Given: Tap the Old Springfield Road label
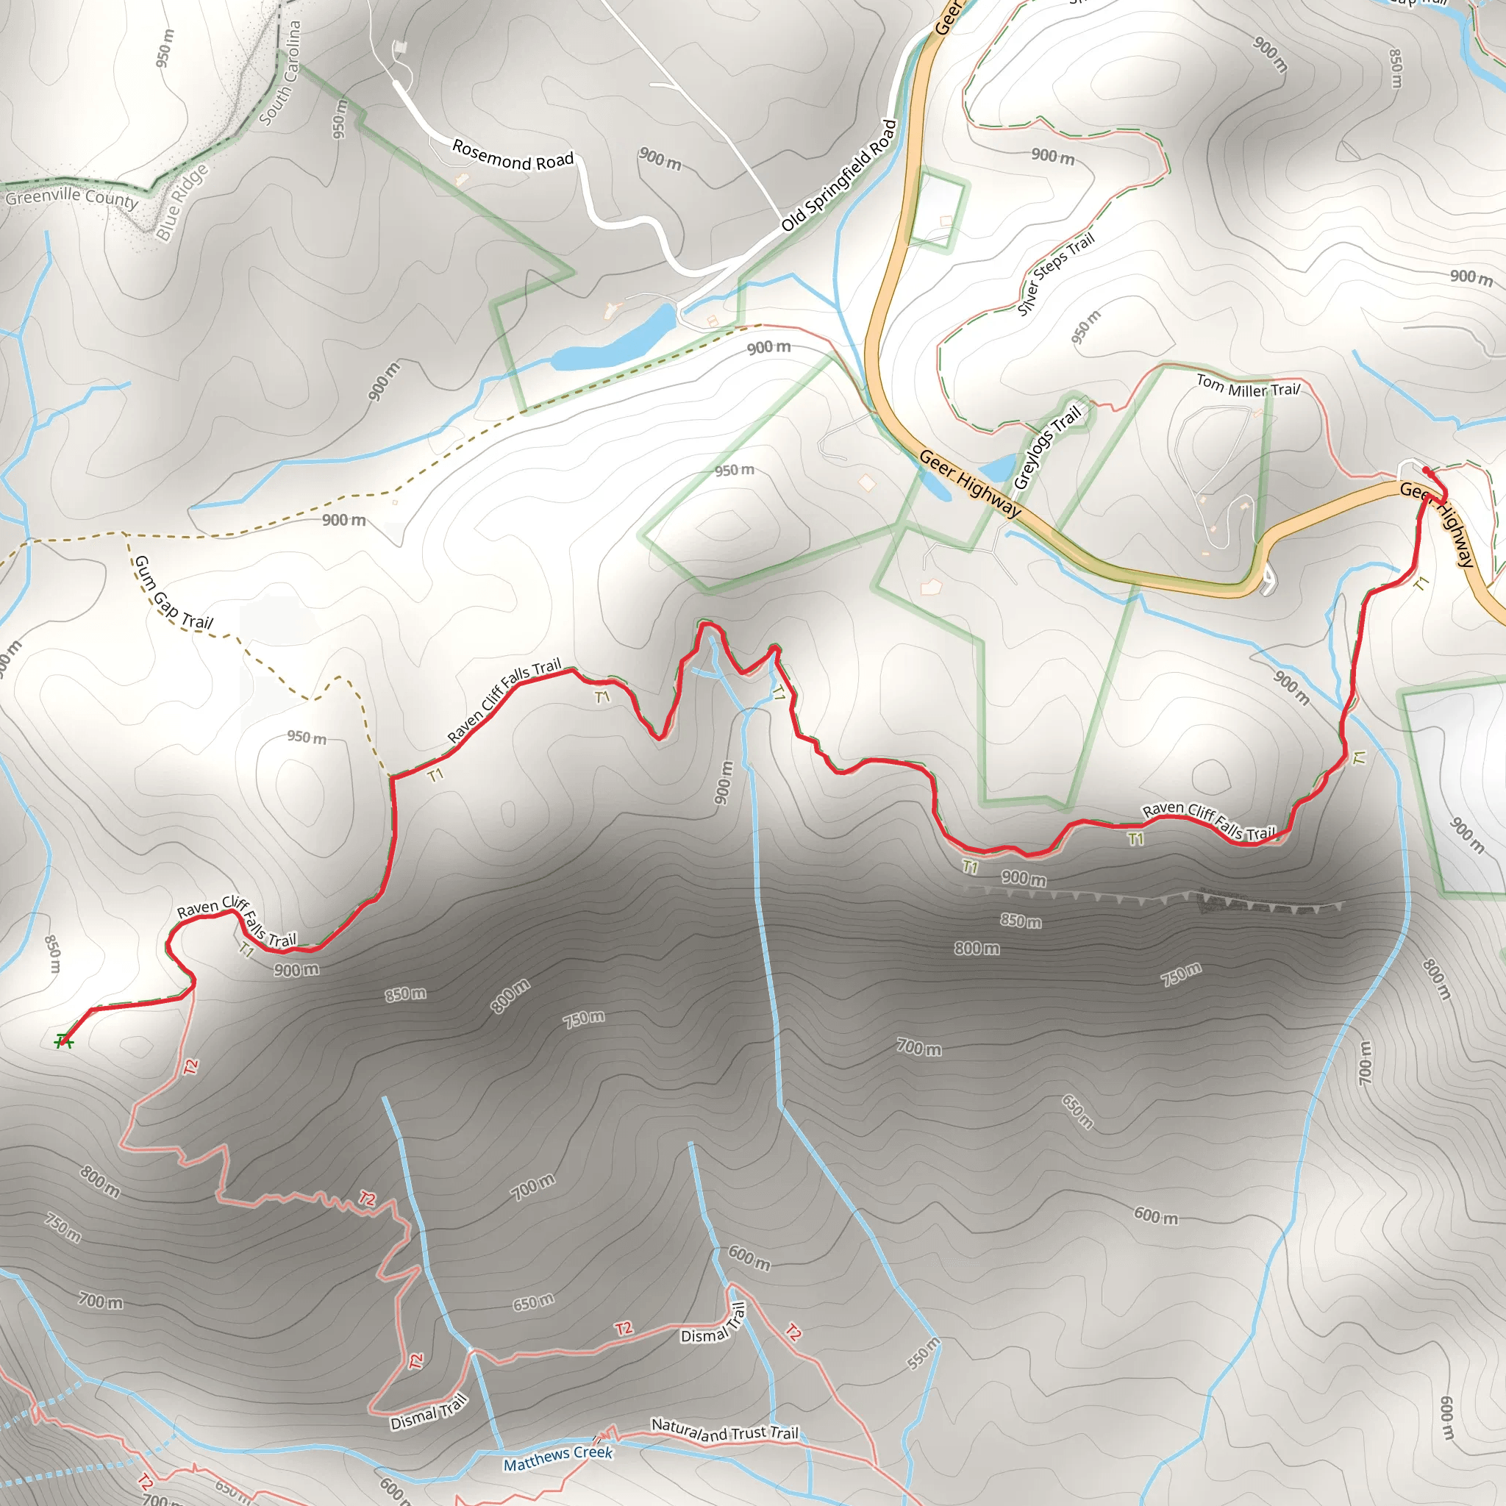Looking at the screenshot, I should coord(840,176).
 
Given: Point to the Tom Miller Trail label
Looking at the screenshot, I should coord(1248,386).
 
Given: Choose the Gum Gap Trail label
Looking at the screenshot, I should coord(172,593).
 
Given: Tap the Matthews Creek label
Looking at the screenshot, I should coord(558,1457).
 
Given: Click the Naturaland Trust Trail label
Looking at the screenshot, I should coord(724,1430).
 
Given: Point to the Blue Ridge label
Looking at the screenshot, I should coord(182,202).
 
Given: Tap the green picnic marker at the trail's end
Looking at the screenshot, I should coord(63,1041).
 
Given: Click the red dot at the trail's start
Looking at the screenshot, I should coord(1426,470).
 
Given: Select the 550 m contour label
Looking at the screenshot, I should coord(924,1354).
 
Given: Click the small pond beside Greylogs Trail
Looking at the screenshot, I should coord(997,468).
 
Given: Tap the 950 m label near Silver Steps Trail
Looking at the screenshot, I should coord(1085,326).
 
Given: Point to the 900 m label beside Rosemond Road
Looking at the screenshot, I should coord(660,159).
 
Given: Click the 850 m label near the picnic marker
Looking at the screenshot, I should coord(52,954).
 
